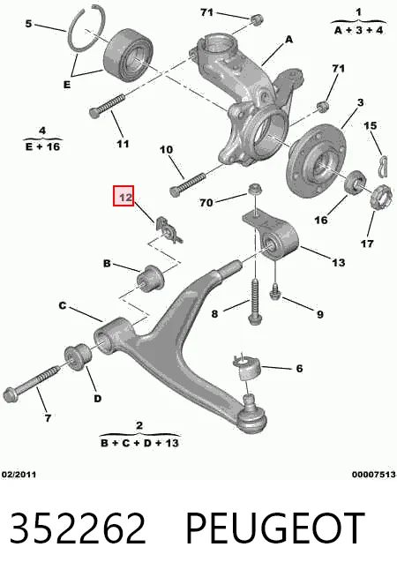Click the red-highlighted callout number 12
pos(124,196)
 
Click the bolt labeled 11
pos(107,106)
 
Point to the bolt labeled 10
pos(187,184)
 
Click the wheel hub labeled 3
pos(316,162)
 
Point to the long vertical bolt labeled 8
pos(255,302)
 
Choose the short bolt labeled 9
pos(275,292)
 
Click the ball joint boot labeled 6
pos(247,367)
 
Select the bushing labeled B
pos(151,278)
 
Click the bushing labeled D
pos(78,357)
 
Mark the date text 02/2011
pos(19,475)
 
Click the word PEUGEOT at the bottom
pos(274,528)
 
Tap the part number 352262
pos(78,528)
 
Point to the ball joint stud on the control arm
pos(251,400)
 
